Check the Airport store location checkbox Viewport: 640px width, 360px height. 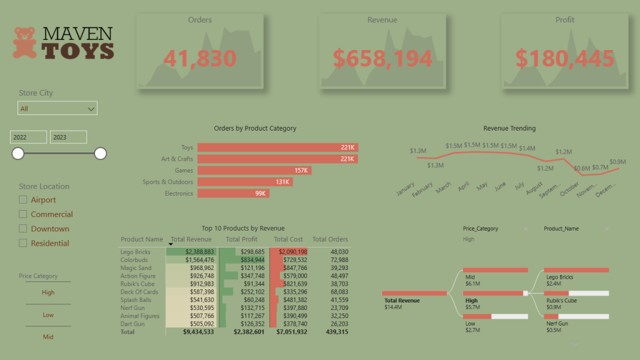(23, 200)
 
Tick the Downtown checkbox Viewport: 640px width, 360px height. (23, 229)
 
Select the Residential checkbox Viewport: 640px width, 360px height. (23, 243)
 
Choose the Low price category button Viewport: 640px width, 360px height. (48, 315)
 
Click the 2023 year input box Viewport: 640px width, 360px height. (68, 137)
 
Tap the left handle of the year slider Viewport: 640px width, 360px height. (18, 153)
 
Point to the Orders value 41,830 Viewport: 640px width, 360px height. (199, 59)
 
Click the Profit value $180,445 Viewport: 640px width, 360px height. (564, 59)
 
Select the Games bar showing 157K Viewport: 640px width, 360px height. (254, 171)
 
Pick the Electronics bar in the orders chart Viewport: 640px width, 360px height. (233, 194)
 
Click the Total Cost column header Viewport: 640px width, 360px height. (288, 239)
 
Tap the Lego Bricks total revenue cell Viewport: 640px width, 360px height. (191, 252)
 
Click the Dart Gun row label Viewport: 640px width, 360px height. (132, 324)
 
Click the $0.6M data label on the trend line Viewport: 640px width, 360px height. (582, 168)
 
